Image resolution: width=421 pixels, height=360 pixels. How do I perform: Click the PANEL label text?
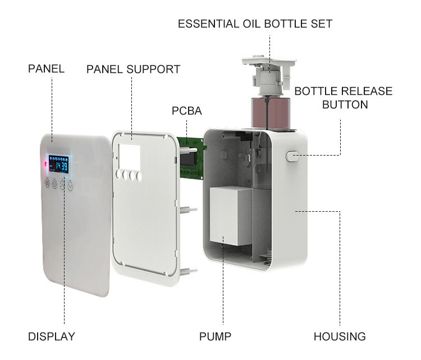tap(46, 69)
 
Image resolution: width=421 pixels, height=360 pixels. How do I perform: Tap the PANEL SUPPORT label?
tap(133, 69)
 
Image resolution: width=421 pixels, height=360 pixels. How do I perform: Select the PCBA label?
tap(186, 111)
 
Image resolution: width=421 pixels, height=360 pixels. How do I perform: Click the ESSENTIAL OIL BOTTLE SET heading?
tap(255, 24)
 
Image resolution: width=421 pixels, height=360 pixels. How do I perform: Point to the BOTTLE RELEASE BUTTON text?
tap(344, 98)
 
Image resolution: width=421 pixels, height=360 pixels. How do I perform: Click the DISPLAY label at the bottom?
tap(51, 337)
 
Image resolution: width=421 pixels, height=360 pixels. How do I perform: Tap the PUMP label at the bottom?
tap(215, 337)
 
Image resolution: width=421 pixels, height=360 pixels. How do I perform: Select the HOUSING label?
tap(340, 337)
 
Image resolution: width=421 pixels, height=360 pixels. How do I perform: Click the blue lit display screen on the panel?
tap(58, 164)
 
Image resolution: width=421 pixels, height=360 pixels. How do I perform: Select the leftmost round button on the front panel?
tap(47, 184)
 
